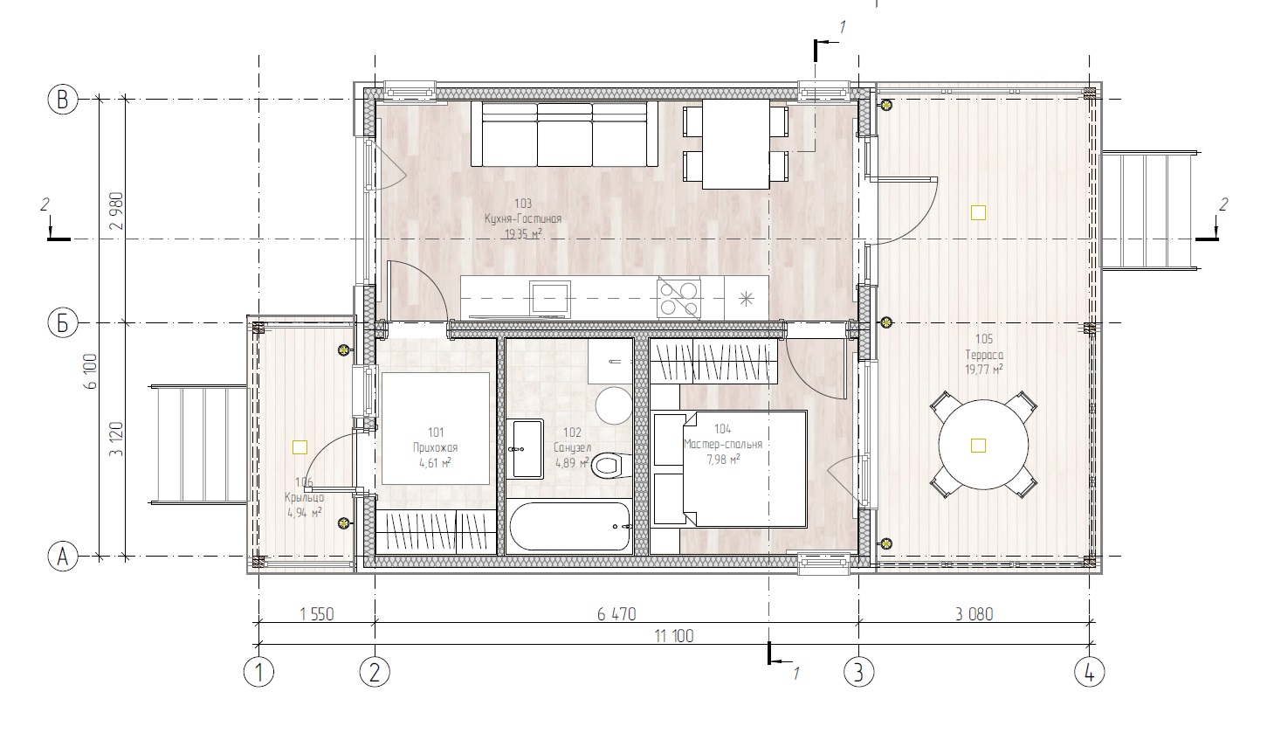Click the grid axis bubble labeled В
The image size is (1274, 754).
(63, 100)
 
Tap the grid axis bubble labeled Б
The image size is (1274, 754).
(63, 323)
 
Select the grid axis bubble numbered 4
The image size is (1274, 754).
(1089, 673)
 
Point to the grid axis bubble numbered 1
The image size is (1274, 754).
(258, 673)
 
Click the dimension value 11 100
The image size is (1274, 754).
(674, 636)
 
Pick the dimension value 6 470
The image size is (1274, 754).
(616, 614)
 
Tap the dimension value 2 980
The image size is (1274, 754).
(117, 211)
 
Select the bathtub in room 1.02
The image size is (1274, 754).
(569, 526)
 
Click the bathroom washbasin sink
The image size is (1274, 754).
(527, 448)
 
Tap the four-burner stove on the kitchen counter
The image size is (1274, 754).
(679, 298)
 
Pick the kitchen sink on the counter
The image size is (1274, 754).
(550, 298)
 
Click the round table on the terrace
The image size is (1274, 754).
(983, 445)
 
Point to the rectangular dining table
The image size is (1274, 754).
(736, 144)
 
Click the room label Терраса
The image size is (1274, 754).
(984, 355)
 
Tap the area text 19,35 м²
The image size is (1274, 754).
(523, 233)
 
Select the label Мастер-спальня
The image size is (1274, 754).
(723, 444)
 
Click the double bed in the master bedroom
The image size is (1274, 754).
(730, 469)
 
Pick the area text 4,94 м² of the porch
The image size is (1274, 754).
(305, 512)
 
